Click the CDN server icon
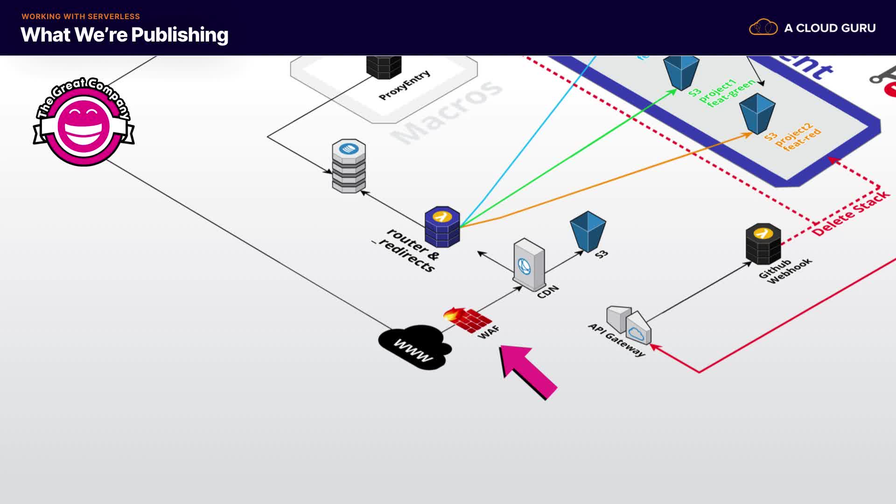(x=529, y=264)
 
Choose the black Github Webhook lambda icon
(x=763, y=244)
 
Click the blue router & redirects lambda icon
(x=442, y=227)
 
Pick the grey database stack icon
(x=349, y=166)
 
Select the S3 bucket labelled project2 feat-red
(x=757, y=113)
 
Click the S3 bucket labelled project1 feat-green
(x=681, y=71)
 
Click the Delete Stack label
(x=850, y=213)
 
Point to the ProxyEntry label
(x=404, y=85)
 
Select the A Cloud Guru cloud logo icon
(x=763, y=28)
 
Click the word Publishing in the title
(x=180, y=35)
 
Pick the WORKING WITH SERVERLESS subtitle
(x=81, y=16)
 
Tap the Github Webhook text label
(x=785, y=271)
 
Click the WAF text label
(x=489, y=332)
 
